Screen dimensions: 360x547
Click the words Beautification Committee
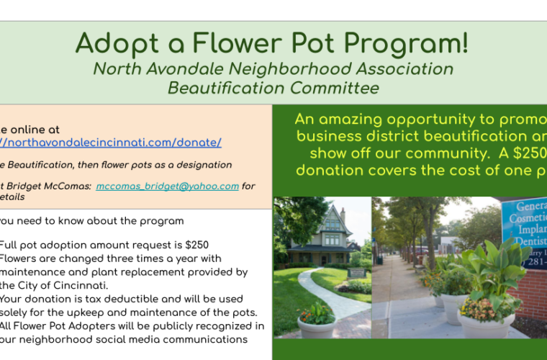pyautogui.click(x=273, y=89)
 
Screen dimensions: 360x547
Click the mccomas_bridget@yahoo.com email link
pyautogui.click(x=167, y=186)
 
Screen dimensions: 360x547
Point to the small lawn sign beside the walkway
pyautogui.click(x=356, y=273)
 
